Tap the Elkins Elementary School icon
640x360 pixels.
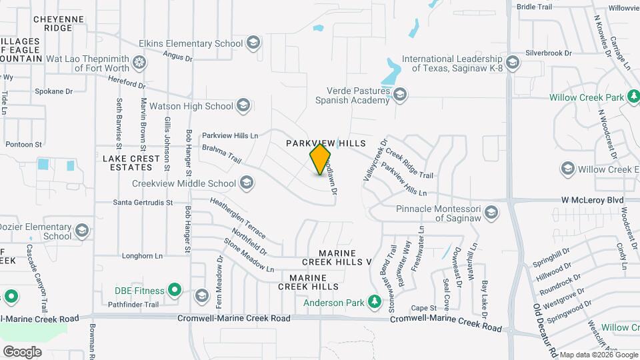253,44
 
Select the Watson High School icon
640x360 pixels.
243,105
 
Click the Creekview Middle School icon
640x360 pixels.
246,183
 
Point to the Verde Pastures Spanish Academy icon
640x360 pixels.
399,95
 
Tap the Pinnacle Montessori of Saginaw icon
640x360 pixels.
491,213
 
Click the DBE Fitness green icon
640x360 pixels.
174,290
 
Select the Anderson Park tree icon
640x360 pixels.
375,303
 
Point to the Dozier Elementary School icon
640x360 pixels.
82,231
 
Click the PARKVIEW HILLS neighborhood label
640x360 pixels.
326,144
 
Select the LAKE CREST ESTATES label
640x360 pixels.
131,163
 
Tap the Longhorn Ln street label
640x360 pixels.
143,255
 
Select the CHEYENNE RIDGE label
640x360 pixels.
58,23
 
